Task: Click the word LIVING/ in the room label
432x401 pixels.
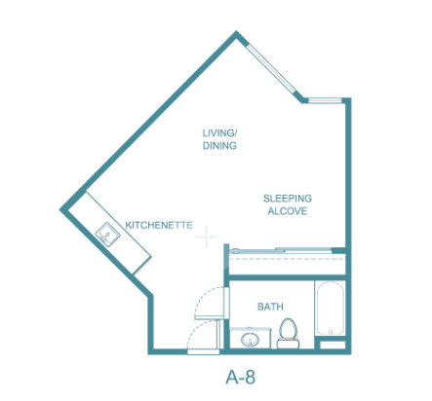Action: (x=219, y=133)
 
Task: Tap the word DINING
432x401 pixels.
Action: (x=219, y=146)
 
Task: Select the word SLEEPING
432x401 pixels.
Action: (x=288, y=199)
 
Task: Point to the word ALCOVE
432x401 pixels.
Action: (x=288, y=211)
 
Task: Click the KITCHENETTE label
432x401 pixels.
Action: (x=159, y=225)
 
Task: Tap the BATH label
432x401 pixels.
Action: (x=270, y=307)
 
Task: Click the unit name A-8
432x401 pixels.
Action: (x=241, y=377)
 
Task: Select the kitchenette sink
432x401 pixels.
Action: (x=107, y=234)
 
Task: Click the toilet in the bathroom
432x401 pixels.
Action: (x=288, y=333)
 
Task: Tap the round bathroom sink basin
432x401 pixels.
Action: (x=250, y=340)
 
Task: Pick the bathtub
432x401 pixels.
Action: (x=330, y=309)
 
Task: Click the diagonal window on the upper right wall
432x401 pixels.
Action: (x=271, y=69)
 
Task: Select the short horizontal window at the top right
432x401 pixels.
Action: (x=325, y=100)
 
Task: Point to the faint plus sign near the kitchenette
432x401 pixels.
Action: (x=207, y=237)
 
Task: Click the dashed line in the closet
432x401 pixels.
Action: (x=287, y=259)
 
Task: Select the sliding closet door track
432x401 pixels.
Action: (x=282, y=250)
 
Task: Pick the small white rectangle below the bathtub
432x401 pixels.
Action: (x=333, y=345)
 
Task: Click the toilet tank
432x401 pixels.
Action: (x=288, y=344)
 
